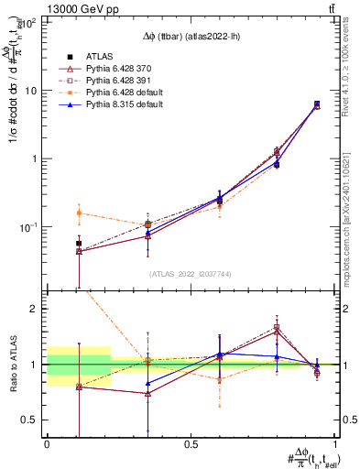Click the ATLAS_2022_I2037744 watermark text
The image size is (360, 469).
point(191,274)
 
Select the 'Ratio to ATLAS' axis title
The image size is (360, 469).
point(12,364)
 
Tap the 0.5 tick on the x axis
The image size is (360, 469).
point(191,443)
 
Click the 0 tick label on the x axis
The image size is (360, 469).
point(47,443)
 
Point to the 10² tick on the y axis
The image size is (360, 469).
point(31,23)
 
